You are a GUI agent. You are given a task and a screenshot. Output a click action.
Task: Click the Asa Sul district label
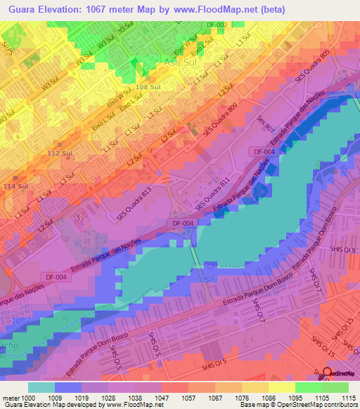click(x=180, y=63)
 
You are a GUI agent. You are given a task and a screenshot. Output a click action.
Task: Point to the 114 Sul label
click(x=15, y=186)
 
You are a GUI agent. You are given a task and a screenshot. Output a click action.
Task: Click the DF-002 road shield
click(x=217, y=25)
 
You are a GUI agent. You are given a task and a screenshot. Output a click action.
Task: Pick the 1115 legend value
click(x=349, y=397)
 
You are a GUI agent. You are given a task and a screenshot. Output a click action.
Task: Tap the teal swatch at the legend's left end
click(x=41, y=387)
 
